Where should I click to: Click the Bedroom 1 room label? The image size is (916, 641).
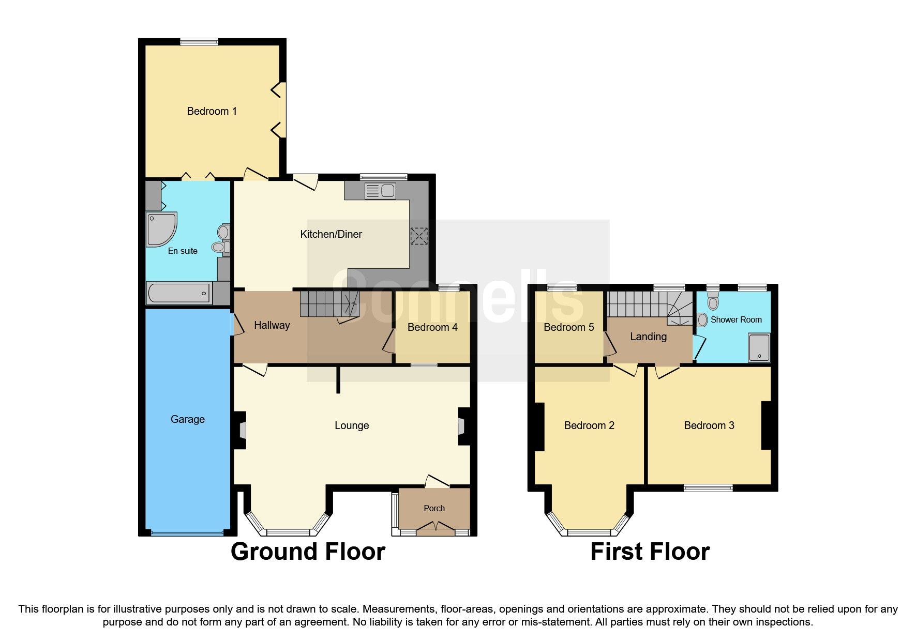212,111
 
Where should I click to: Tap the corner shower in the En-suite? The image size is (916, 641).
161,228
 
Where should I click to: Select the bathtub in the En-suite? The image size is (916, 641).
179,294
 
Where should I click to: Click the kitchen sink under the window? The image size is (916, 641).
380,191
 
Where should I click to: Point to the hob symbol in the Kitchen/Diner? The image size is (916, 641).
419,236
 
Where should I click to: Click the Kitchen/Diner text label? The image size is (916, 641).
331,234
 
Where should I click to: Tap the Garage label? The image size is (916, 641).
188,419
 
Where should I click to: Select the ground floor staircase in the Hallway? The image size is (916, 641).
328,303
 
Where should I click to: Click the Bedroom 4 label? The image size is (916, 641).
432,327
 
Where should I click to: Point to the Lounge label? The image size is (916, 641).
352,425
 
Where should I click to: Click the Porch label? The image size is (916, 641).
434,508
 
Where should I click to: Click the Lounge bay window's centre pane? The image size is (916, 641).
288,532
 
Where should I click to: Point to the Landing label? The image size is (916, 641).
648,337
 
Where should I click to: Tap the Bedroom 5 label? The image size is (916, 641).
569,327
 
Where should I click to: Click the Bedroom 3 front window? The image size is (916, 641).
708,487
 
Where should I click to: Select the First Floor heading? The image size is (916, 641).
650,552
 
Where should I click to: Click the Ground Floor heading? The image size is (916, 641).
308,552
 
